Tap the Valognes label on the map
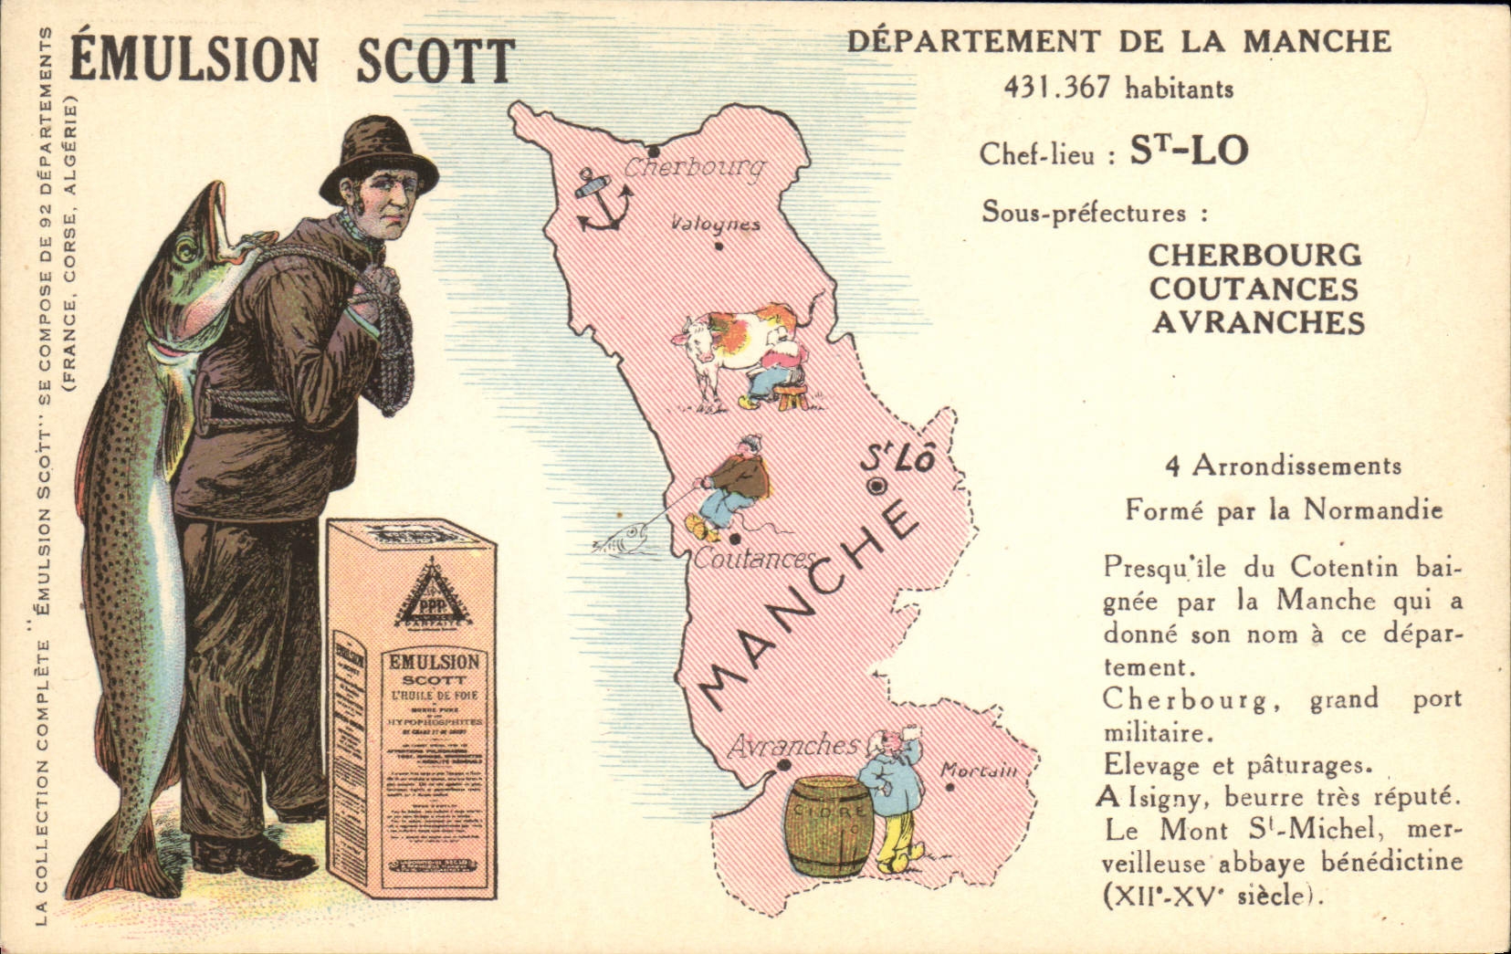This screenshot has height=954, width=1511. (x=715, y=224)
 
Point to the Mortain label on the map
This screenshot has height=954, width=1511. (x=979, y=771)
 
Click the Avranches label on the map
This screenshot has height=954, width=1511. (x=792, y=746)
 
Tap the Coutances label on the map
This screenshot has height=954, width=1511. (x=753, y=559)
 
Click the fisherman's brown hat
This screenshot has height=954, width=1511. (x=377, y=157)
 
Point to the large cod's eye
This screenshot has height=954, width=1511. (x=186, y=247)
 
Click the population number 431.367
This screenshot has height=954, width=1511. (x=1057, y=88)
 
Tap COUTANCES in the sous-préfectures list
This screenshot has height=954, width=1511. (x=1254, y=288)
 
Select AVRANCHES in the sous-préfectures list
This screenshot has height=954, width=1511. (x=1258, y=322)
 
